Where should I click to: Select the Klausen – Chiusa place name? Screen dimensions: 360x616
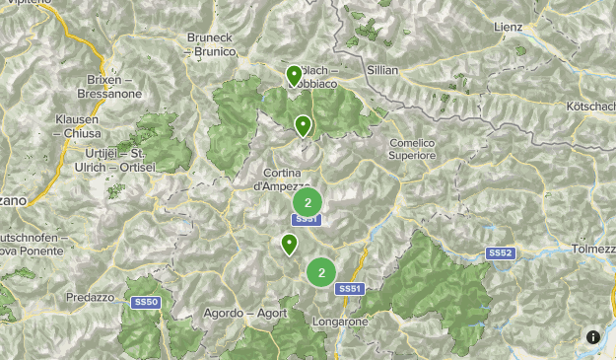(77, 126)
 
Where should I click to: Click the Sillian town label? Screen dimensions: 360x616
(381, 71)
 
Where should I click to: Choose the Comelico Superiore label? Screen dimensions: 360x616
(412, 149)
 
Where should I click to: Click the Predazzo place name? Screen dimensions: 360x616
(91, 297)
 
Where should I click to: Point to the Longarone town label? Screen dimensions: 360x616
(339, 322)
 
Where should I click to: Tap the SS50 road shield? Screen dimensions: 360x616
(145, 300)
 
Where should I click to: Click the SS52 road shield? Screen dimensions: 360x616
(500, 253)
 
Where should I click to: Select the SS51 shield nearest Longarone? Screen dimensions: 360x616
(349, 288)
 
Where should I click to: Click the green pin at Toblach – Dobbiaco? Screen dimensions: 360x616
(294, 75)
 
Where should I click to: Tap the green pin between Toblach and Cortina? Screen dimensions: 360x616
(303, 125)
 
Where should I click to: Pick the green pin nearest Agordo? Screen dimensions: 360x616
(290, 244)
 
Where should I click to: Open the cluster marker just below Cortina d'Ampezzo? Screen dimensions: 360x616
(308, 203)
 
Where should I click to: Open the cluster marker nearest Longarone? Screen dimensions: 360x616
(321, 272)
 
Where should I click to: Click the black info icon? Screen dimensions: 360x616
(593, 337)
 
